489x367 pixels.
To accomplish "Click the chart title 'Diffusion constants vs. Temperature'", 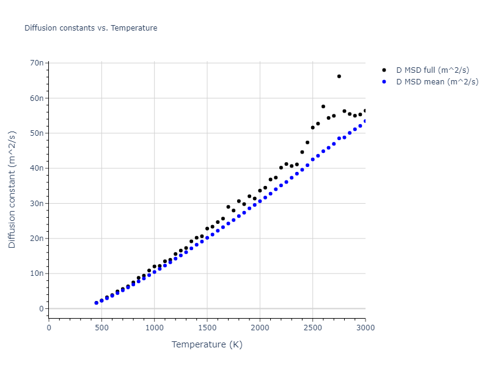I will tap(90, 28).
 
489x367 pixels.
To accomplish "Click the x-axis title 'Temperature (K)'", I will tap(207, 345).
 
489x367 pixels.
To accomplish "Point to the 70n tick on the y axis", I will tap(36, 63).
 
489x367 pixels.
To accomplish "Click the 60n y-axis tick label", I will tap(36, 98).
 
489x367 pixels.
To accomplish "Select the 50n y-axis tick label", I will tap(36, 133).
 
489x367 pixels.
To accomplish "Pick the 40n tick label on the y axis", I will tap(36, 168).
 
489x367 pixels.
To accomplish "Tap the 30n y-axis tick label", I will tap(36, 204).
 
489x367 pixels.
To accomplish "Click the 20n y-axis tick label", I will tap(36, 239).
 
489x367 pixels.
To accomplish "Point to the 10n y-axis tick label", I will tap(36, 274).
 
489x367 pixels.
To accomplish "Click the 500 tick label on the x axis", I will tap(101, 327).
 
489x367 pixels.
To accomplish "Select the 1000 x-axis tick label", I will tap(154, 327).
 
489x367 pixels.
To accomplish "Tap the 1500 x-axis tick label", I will tap(207, 327).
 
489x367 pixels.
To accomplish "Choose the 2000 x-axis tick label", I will tap(260, 327).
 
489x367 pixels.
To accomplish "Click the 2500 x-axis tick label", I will tap(312, 327).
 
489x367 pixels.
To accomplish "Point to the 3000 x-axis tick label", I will tap(365, 327).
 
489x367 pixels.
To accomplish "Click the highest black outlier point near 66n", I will tap(339, 76).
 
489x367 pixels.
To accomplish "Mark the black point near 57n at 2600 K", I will tap(323, 106).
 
